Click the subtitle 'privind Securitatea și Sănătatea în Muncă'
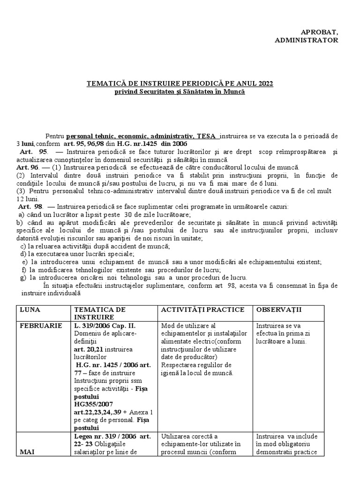[180, 92]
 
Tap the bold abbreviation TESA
[206, 135]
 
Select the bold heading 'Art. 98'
[31, 207]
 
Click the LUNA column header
[29, 310]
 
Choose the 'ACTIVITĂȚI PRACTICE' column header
[202, 310]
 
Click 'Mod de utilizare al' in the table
[187, 326]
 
